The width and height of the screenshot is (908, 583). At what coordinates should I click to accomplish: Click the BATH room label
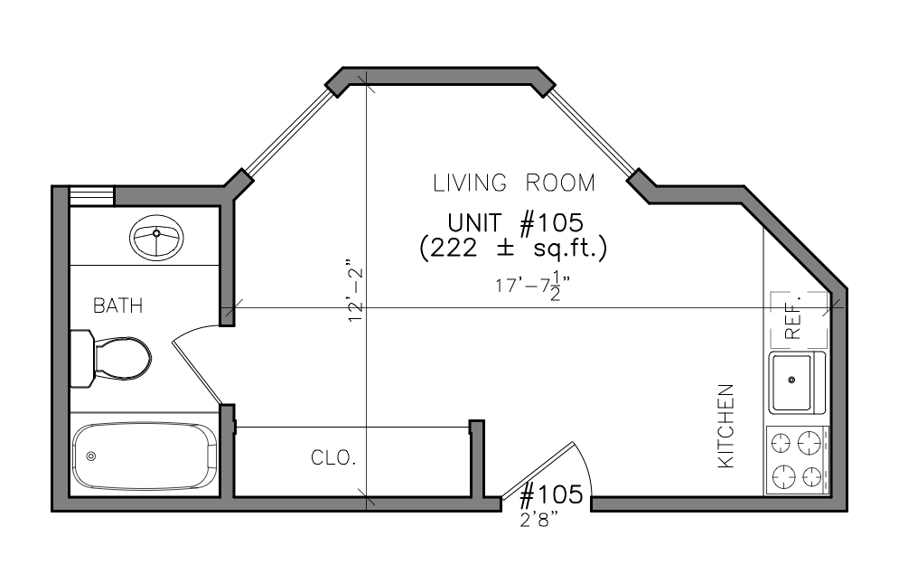tap(118, 306)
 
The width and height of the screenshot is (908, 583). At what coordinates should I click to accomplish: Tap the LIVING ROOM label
tap(514, 183)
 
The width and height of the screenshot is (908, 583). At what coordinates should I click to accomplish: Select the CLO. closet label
tap(333, 458)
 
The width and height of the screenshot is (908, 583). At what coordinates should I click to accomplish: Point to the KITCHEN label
tap(726, 426)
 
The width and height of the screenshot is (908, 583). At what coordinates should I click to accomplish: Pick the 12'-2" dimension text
tap(356, 291)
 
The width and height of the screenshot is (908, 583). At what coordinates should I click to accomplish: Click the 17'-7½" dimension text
tap(533, 285)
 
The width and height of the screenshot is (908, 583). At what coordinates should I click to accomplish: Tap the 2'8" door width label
tap(542, 520)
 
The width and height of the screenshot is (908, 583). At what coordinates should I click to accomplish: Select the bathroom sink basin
tap(156, 239)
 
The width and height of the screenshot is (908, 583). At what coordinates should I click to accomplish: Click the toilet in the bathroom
tap(110, 359)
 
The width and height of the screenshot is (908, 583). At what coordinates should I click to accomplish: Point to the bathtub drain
tap(91, 456)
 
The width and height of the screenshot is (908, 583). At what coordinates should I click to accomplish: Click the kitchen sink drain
tap(791, 381)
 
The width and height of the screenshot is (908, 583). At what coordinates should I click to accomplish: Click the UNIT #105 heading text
tap(515, 223)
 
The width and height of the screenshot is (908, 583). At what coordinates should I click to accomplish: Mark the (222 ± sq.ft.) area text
tap(513, 249)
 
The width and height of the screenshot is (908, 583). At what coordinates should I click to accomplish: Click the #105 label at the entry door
tap(551, 495)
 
